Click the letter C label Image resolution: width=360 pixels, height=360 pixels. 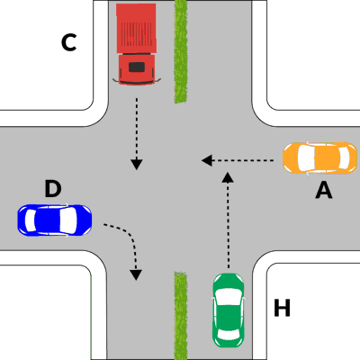tap(68, 42)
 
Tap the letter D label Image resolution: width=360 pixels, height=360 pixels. tap(53, 188)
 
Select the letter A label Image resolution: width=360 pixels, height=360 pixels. tap(324, 191)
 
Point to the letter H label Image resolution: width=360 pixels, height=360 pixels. tap(282, 308)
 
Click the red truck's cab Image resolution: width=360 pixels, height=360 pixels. tap(137, 69)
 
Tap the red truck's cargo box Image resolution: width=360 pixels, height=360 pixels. tap(137, 29)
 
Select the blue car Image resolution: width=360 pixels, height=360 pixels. tap(55, 220)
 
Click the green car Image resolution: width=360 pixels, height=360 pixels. tap(229, 310)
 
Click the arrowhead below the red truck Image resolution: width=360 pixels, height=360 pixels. tap(137, 165)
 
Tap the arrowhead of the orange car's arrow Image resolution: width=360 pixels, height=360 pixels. tap(207, 160)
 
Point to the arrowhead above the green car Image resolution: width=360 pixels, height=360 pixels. tap(229, 177)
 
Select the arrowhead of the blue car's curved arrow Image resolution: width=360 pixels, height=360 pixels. tap(136, 274)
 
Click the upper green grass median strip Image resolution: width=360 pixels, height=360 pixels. tap(181, 51)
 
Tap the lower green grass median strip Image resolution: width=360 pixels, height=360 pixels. tap(181, 316)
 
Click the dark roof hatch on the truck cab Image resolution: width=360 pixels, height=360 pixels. tap(137, 67)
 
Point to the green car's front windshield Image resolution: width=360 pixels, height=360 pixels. tap(228, 297)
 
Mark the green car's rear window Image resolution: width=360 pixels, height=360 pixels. tap(229, 334)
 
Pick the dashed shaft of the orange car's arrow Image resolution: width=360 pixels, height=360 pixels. tap(243, 160)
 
